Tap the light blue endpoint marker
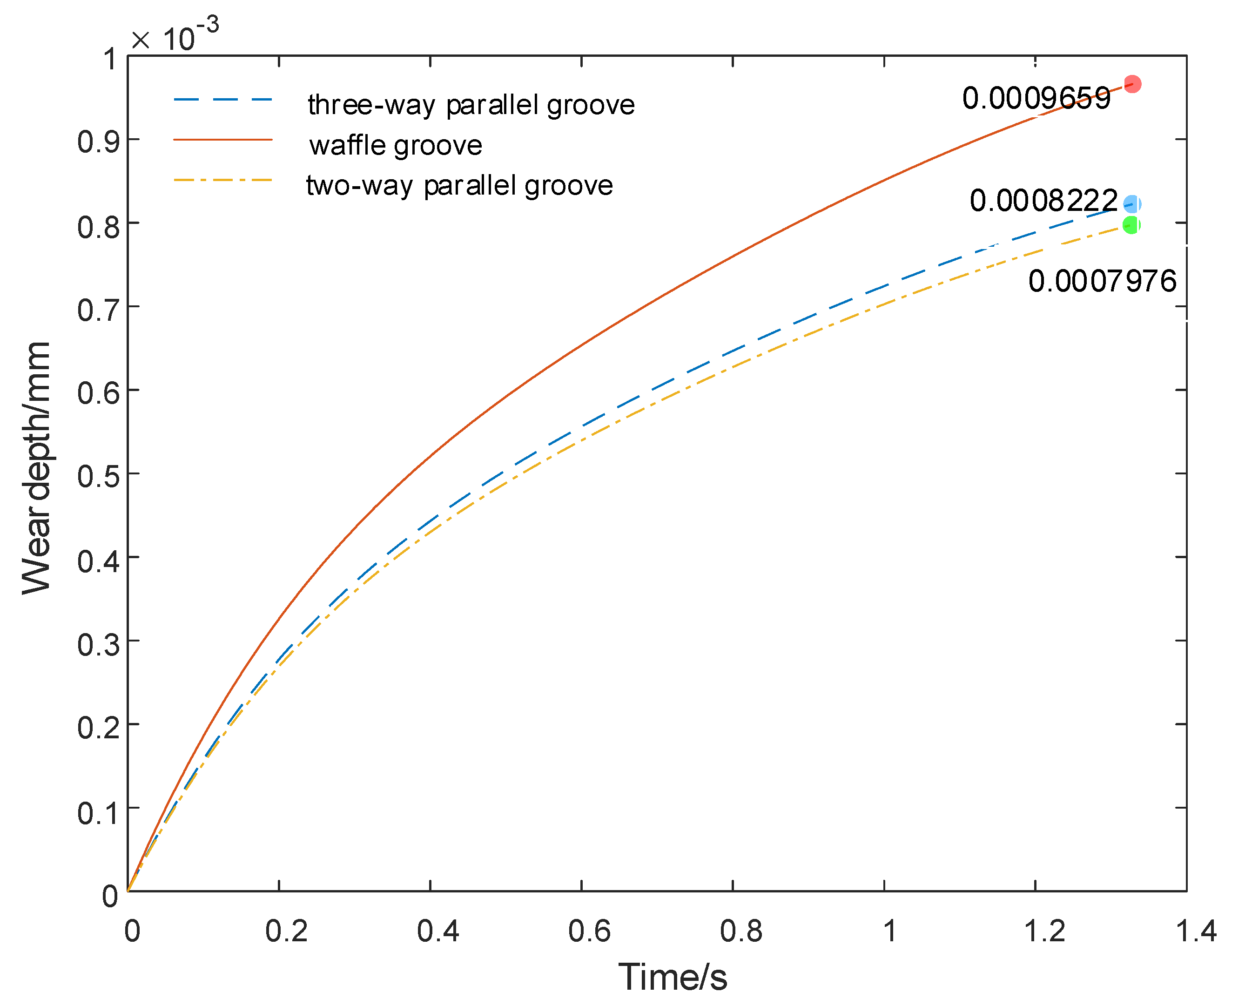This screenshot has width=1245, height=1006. [1131, 204]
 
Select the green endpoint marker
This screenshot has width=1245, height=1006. [1131, 225]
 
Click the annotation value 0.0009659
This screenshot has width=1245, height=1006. [1036, 99]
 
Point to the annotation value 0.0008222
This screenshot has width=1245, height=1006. [1043, 201]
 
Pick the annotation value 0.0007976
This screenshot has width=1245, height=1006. [1102, 282]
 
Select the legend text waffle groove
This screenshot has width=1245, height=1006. [395, 145]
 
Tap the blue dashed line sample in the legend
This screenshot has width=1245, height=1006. [223, 100]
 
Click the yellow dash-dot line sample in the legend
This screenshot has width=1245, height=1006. [223, 180]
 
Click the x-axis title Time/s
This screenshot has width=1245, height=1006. [672, 978]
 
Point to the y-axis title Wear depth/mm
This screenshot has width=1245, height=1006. [36, 468]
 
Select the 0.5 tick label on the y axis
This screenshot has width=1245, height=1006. [99, 476]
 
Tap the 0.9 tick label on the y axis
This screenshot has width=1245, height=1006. [99, 142]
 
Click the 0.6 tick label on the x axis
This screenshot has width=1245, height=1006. [589, 932]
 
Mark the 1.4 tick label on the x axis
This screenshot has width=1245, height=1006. [1196, 932]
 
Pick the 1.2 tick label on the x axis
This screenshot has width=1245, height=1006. [1044, 932]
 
